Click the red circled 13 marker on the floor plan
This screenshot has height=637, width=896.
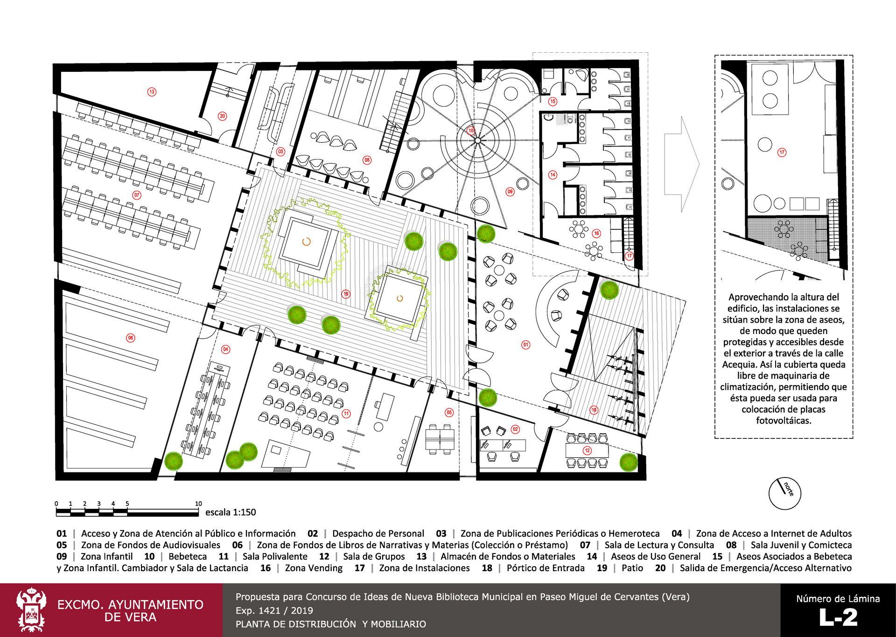point(152,92)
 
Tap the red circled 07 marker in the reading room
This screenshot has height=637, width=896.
point(137,195)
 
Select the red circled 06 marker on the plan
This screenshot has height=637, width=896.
point(131,338)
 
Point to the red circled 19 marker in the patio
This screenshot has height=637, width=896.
point(346,294)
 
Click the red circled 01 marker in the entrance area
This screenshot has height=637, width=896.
point(526,345)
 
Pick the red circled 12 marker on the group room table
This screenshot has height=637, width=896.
point(587,450)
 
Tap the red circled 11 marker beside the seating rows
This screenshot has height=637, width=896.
point(346,413)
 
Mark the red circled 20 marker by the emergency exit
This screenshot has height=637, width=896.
point(223,116)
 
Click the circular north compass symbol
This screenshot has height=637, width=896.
point(785,493)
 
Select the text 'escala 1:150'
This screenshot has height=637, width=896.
point(231,512)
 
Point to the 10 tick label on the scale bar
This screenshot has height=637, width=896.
point(198,504)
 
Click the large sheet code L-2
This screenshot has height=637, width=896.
point(838,618)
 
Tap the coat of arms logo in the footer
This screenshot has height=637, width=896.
point(31,610)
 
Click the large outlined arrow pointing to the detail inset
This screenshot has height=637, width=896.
point(682,164)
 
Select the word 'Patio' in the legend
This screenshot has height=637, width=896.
point(632,568)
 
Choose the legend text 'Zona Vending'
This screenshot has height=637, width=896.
point(314,568)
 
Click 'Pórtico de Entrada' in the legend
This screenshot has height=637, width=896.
point(546,568)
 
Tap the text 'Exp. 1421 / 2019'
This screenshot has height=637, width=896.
point(274,610)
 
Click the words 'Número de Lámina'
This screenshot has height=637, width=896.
point(838,599)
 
